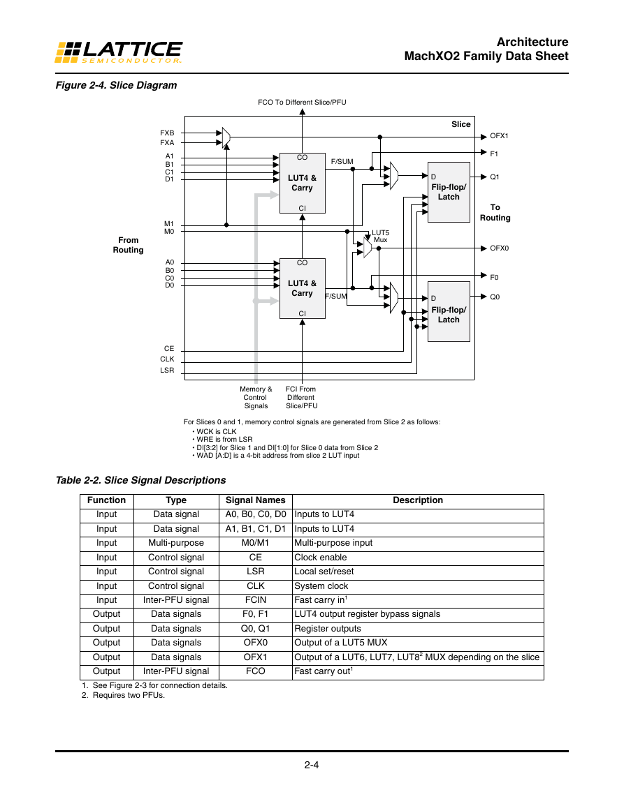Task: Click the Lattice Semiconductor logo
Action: (x=118, y=52)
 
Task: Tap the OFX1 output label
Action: (x=499, y=136)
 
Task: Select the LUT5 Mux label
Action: (x=380, y=237)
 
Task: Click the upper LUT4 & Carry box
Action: (x=303, y=183)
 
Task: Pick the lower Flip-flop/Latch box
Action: (x=449, y=311)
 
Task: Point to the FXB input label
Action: (x=167, y=133)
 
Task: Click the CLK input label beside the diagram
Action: (x=167, y=359)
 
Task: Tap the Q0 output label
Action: (x=494, y=297)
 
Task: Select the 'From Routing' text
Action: (x=128, y=245)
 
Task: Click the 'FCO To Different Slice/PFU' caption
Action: (x=302, y=103)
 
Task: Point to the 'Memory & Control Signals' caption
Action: (x=256, y=397)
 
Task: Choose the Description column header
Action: (x=418, y=500)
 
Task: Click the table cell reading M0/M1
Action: (x=255, y=543)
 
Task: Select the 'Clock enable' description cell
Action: (x=320, y=557)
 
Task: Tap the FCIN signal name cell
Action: (x=255, y=600)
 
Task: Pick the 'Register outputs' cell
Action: (x=328, y=629)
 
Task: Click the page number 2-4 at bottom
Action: (x=312, y=765)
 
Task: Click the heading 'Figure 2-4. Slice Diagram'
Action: (x=117, y=85)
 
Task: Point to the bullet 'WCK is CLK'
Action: (x=215, y=432)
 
